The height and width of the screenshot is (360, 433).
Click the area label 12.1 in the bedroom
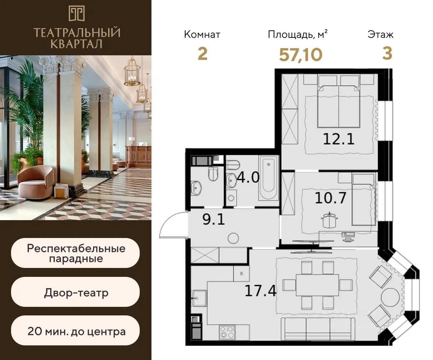(339, 139)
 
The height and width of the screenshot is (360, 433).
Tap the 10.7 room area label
(331, 198)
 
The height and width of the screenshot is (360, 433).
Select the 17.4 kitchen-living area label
(261, 291)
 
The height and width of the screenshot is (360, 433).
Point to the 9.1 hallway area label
(213, 219)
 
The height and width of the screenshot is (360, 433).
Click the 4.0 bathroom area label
(248, 178)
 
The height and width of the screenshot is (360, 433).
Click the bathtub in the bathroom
(268, 178)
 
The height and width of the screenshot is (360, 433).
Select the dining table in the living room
(317, 285)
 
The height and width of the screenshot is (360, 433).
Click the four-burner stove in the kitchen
(227, 332)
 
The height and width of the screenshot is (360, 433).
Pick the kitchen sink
(200, 298)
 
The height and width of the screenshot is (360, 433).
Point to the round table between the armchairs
(391, 297)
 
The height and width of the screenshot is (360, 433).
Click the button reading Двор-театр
(75, 293)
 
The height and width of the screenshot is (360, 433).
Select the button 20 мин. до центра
(75, 331)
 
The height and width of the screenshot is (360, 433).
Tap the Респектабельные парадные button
(75, 253)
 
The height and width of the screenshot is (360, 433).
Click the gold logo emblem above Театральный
(77, 14)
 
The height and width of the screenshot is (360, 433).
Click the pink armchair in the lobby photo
(35, 182)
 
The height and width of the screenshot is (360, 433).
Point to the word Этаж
(381, 35)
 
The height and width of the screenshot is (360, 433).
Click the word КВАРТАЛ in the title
(77, 44)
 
